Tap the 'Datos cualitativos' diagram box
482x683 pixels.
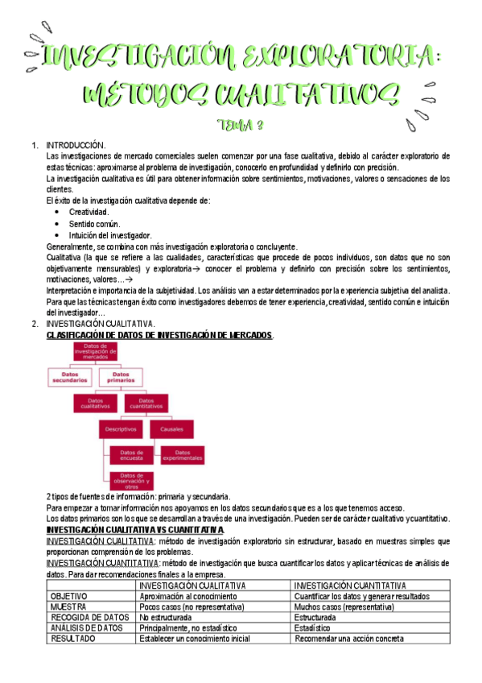coord(96,404)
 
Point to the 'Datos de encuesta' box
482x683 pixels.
coord(131,455)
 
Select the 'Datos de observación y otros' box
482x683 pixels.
coord(131,481)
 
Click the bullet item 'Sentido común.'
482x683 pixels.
coord(94,223)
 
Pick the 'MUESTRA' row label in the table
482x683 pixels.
coord(68,606)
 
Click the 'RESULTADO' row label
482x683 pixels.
coord(72,639)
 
